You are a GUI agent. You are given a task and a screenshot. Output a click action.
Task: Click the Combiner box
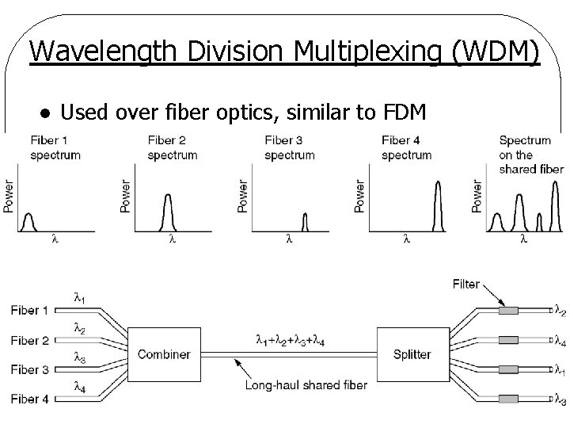click(x=163, y=354)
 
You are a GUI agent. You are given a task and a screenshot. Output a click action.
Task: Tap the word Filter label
click(x=465, y=284)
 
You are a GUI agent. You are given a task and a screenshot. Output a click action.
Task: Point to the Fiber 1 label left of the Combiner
click(x=29, y=310)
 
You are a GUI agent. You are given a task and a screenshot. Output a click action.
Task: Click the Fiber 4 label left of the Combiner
click(x=29, y=399)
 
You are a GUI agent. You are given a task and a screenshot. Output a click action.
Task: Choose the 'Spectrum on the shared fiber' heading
click(x=531, y=155)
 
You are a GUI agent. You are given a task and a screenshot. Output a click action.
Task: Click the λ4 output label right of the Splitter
click(x=559, y=341)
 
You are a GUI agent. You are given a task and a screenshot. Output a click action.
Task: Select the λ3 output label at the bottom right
click(x=559, y=400)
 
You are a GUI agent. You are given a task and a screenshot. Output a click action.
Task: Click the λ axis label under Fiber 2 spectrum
click(x=172, y=238)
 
